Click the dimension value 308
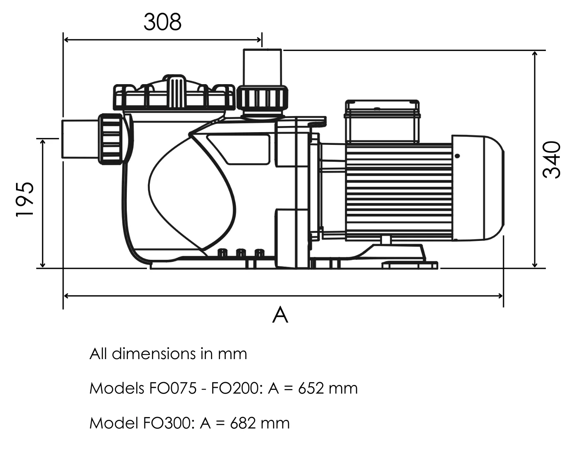[x=162, y=22]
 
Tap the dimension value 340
[x=551, y=160]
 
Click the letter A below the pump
[x=280, y=315]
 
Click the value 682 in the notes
[x=243, y=423]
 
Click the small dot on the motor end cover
[x=457, y=156]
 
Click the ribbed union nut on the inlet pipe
[x=111, y=139]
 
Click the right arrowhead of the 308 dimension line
[x=259, y=40]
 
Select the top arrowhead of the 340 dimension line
[x=534, y=54]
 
